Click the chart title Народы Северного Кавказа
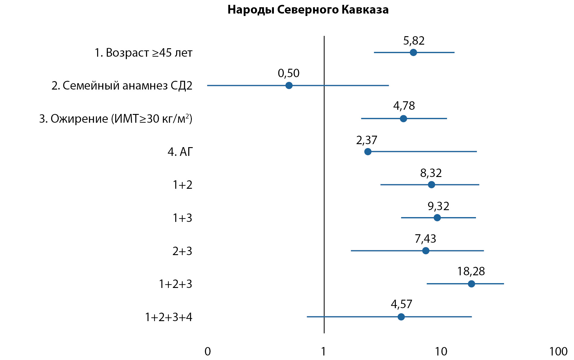point(308,10)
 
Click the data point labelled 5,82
point(413,52)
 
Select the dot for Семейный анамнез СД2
point(289,86)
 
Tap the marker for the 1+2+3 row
point(471,284)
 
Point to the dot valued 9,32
point(437,218)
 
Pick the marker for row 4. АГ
point(368,152)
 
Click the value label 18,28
point(471,272)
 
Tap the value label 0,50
point(288,73)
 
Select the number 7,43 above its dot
point(425,239)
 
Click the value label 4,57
point(401,304)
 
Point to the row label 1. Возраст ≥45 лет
point(144,53)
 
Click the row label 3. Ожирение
point(116,119)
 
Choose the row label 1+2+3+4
point(169,317)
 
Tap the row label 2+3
point(182,251)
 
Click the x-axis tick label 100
point(558,352)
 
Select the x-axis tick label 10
point(441,352)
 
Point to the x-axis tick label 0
point(208,352)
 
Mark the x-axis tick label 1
point(323,352)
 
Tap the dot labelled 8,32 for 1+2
point(431,185)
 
